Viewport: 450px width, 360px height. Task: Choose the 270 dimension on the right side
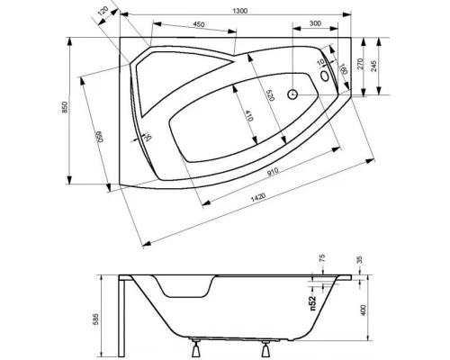tap(361, 66)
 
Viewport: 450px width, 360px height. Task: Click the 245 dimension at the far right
tap(383, 64)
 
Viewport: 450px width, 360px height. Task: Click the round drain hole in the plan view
tap(292, 93)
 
